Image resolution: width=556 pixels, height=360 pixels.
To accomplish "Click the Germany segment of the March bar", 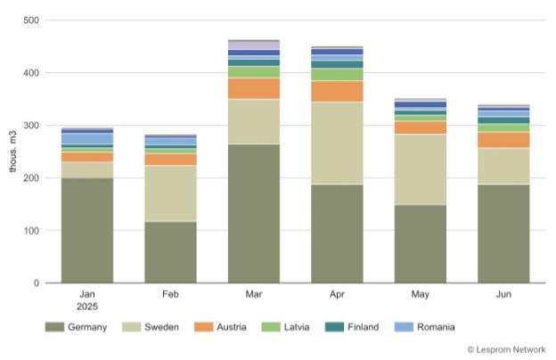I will point(254,214).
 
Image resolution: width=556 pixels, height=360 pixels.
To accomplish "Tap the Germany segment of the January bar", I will point(87,230).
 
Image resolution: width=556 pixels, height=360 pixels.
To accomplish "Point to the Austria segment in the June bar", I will point(503,140).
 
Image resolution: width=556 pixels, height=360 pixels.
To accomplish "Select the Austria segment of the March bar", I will point(254,87).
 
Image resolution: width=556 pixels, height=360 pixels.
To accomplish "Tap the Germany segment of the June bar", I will point(503,233).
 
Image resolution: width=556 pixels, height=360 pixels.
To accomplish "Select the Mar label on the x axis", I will point(254,292).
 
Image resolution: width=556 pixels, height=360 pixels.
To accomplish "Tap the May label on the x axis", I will point(421,292).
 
